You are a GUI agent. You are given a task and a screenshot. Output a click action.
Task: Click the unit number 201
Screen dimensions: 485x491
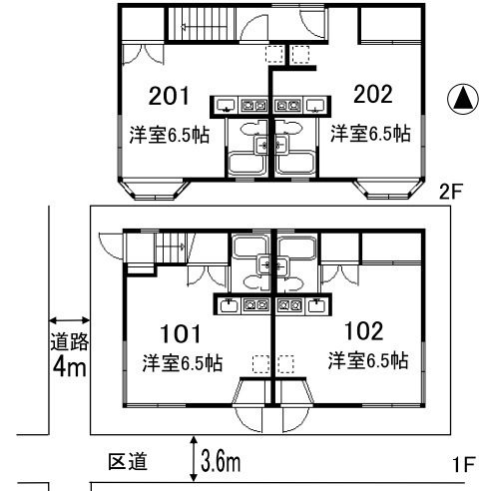pos(169,96)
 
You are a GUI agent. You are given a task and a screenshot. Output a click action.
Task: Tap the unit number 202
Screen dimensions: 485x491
pos(373,94)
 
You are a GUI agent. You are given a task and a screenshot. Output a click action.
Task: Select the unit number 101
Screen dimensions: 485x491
pos(181,333)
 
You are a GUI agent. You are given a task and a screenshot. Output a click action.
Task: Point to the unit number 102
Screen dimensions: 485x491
pos(363,330)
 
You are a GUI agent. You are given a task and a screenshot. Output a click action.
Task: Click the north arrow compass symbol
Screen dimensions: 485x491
pos(463,99)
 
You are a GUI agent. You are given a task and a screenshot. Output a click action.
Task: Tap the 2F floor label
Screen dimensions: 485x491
pos(450,192)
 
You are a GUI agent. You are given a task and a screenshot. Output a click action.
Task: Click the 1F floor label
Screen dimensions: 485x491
pos(463,464)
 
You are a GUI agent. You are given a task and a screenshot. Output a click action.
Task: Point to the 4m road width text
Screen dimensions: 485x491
pos(70,366)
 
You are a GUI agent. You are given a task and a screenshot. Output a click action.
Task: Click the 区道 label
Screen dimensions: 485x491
pos(128,461)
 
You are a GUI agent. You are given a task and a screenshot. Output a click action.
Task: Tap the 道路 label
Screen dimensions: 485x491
pos(70,341)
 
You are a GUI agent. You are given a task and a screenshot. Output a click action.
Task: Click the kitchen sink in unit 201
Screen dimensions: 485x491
pos(226,106)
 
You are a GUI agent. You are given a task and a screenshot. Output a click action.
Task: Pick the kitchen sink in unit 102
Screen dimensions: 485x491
pos(316,305)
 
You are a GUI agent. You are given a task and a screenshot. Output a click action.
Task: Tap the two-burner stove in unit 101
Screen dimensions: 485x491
pos(255,304)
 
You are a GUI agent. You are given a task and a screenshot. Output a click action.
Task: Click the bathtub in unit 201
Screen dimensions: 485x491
pos(246,164)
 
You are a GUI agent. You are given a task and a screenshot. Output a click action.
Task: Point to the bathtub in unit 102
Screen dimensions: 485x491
pos(296,246)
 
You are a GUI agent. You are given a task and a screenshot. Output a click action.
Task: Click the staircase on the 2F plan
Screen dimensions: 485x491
pos(201,23)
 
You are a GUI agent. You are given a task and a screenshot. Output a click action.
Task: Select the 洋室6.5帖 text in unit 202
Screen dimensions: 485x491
pos(370,134)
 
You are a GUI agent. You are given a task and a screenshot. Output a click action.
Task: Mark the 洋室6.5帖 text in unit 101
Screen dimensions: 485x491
pos(183,363)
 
